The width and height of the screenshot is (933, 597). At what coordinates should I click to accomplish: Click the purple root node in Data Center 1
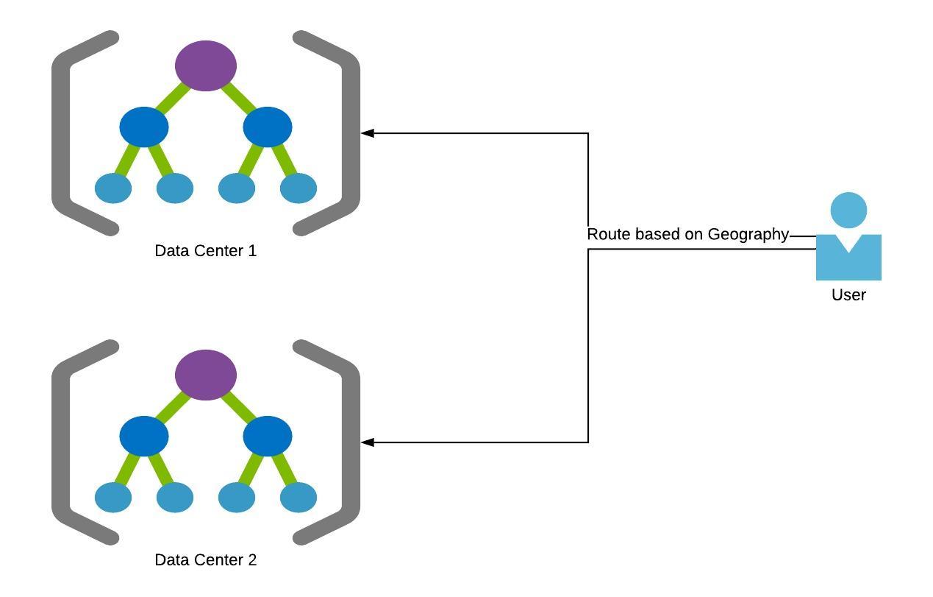[x=206, y=66]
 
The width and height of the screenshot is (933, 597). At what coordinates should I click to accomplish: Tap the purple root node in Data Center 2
[x=206, y=375]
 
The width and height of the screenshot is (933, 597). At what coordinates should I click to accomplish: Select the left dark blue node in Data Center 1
[x=144, y=127]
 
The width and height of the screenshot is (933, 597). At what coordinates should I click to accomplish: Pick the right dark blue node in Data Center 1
[x=268, y=127]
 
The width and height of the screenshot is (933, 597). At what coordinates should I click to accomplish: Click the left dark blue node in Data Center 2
[x=144, y=436]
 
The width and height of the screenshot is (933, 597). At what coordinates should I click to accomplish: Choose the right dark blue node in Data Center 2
[x=268, y=436]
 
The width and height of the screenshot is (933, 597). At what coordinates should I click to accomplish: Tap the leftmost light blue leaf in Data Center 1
[x=113, y=188]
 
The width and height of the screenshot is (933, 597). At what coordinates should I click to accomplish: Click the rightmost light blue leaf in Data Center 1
[x=299, y=188]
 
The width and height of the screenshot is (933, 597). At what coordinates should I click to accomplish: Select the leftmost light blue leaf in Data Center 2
[x=113, y=498]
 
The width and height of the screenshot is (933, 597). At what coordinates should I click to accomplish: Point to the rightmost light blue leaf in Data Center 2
[x=299, y=498]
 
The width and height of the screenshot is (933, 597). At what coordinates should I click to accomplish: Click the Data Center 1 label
[x=206, y=251]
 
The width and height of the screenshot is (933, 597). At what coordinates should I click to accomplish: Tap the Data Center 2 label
[x=206, y=560]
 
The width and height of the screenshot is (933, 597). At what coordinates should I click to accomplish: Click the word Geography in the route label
[x=748, y=235]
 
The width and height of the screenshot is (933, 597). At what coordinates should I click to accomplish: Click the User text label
[x=848, y=295]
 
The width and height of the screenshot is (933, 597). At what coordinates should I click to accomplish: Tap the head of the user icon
[x=848, y=210]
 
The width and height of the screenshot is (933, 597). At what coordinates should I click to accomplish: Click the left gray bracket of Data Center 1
[x=61, y=133]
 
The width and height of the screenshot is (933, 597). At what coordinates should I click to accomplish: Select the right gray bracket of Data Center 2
[x=351, y=442]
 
